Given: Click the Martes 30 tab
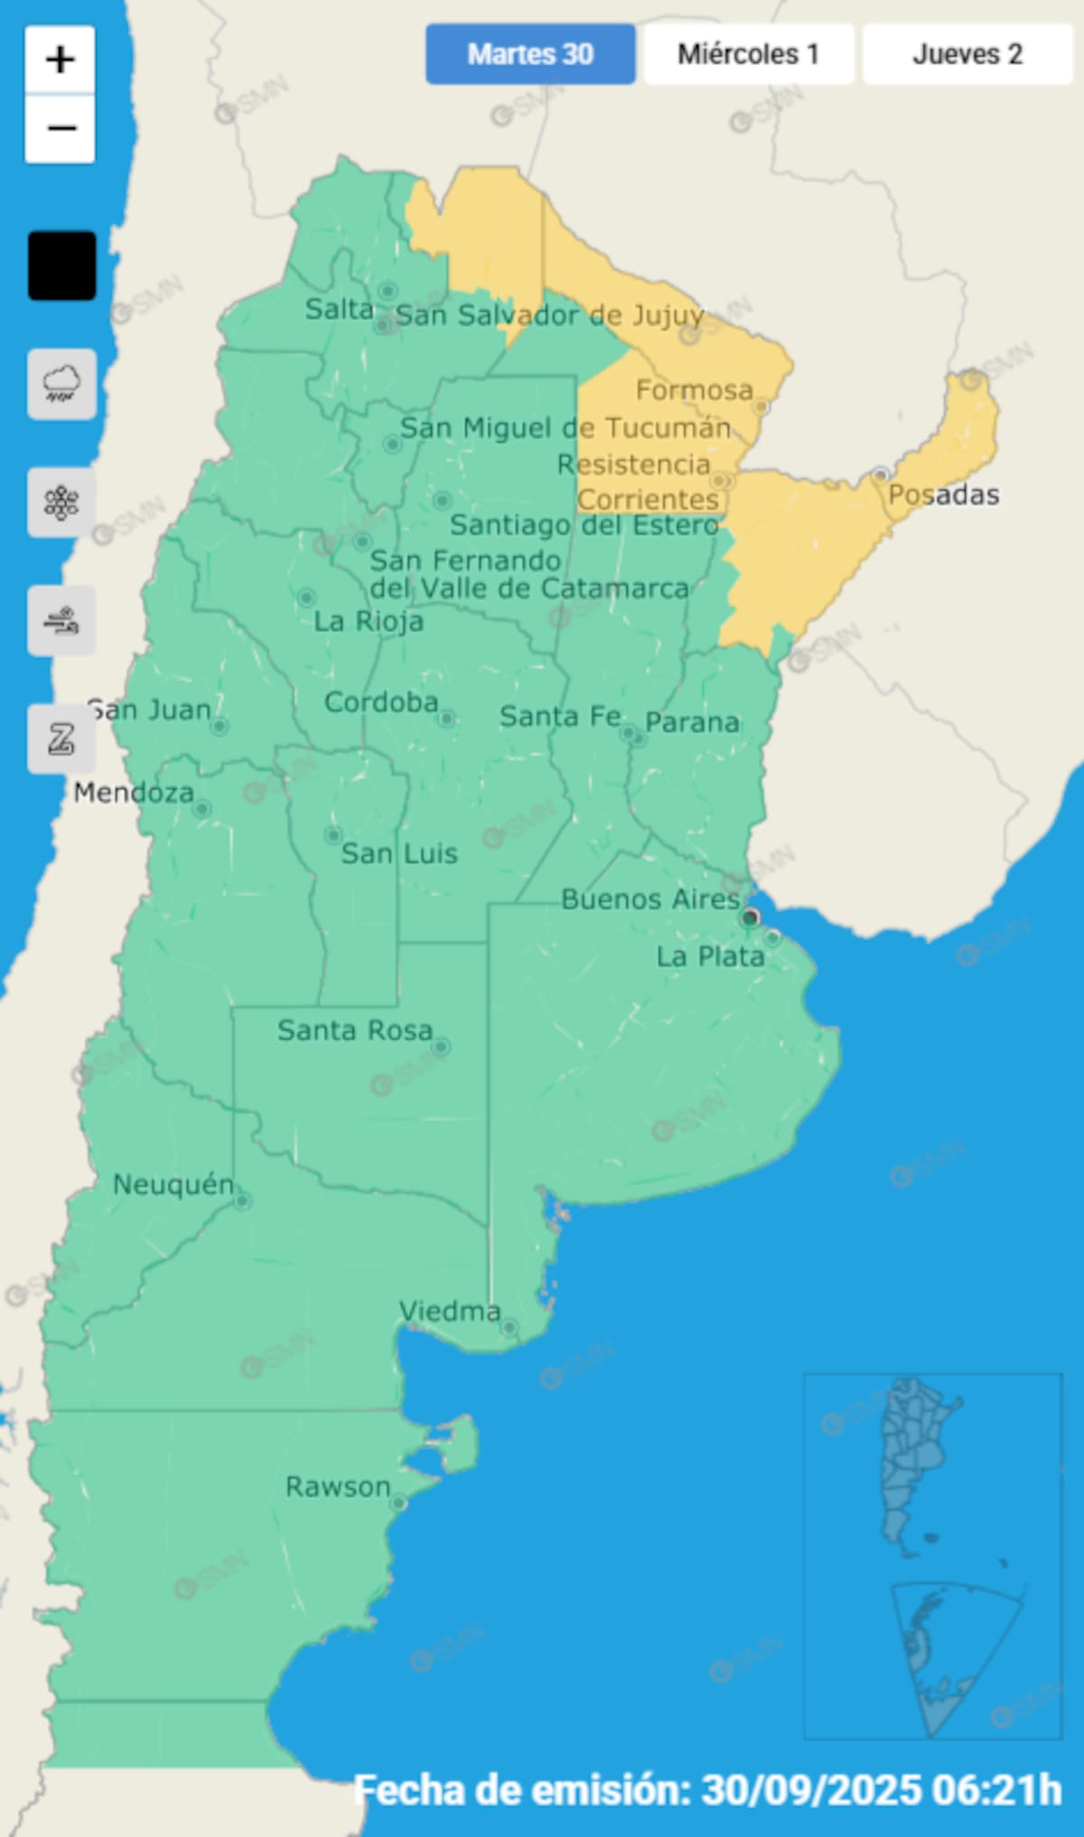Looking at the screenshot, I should [x=530, y=54].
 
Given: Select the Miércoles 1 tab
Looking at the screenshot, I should [x=748, y=54].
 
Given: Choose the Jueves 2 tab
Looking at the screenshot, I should [x=967, y=54].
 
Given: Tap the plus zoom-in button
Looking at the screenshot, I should [x=61, y=60].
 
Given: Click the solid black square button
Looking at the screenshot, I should [x=61, y=266].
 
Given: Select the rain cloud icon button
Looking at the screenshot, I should [x=61, y=384].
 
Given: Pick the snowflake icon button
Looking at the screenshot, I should [x=61, y=502].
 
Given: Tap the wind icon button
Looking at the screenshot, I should [x=61, y=620].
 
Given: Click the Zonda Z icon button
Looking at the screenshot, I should [x=61, y=739].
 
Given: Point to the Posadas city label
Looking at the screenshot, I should [x=943, y=495].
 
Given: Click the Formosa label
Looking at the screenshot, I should [x=694, y=390].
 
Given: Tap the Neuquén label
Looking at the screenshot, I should [x=173, y=1184].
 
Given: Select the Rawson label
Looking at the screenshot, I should [x=338, y=1487].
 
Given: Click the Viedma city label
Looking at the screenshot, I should [x=450, y=1310].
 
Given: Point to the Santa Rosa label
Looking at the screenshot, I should [x=354, y=1030].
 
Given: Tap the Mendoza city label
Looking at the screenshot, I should [x=134, y=793].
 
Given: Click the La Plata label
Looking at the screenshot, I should [x=710, y=956].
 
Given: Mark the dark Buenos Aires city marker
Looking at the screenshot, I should [x=750, y=918].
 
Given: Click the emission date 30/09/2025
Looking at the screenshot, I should [x=808, y=1790].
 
